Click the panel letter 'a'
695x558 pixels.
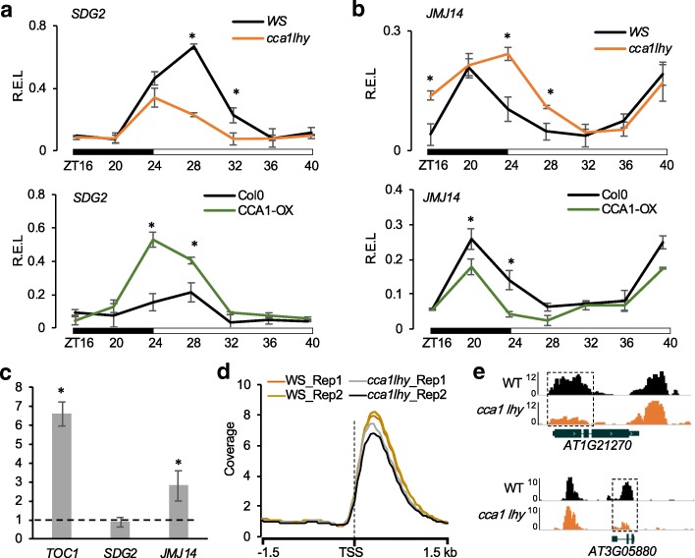click(x=9, y=11)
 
